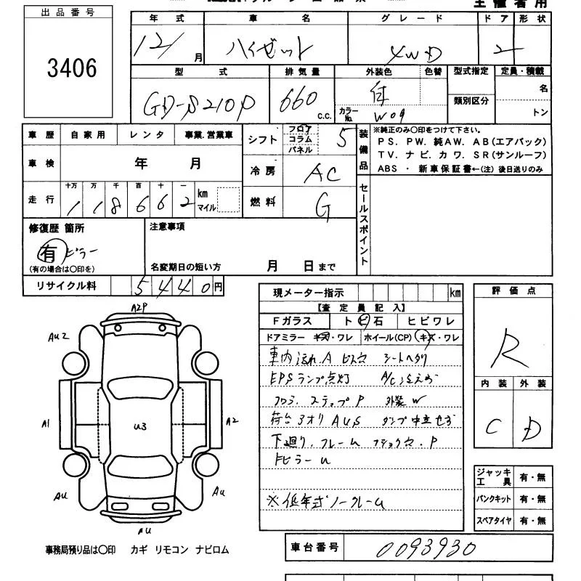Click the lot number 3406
[x=71, y=68]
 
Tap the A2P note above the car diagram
[x=139, y=307]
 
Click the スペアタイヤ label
[x=495, y=521]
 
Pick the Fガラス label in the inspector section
[x=292, y=321]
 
